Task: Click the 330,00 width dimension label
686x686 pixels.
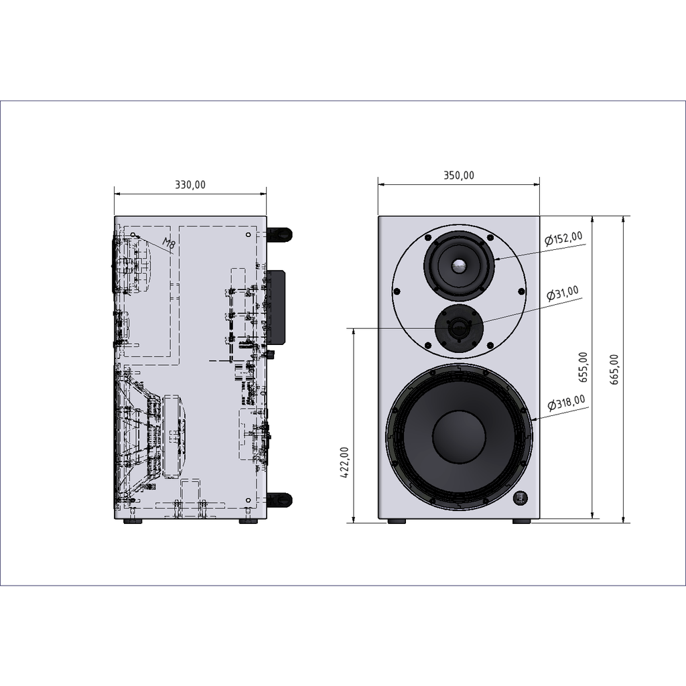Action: pyautogui.click(x=190, y=185)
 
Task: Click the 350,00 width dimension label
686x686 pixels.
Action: pyautogui.click(x=458, y=176)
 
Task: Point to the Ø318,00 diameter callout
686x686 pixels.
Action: pyautogui.click(x=566, y=403)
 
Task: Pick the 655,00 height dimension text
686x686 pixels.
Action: pyautogui.click(x=584, y=367)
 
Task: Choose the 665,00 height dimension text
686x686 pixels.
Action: pyautogui.click(x=614, y=369)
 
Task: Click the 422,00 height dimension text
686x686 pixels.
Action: pyautogui.click(x=344, y=463)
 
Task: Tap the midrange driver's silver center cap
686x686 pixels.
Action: pyautogui.click(x=459, y=266)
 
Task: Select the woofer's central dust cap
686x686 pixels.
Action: pyautogui.click(x=459, y=436)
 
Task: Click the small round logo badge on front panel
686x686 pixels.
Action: pyautogui.click(x=521, y=498)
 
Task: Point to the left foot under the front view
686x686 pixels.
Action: pyautogui.click(x=397, y=521)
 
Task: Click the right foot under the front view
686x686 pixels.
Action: pyautogui.click(x=522, y=521)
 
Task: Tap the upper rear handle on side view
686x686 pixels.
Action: pyautogui.click(x=279, y=234)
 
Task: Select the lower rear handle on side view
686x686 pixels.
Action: pyautogui.click(x=279, y=499)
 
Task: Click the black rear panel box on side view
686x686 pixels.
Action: pyautogui.click(x=276, y=305)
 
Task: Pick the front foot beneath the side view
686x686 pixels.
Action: pyautogui.click(x=133, y=521)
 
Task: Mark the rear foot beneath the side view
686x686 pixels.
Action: pyautogui.click(x=248, y=521)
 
